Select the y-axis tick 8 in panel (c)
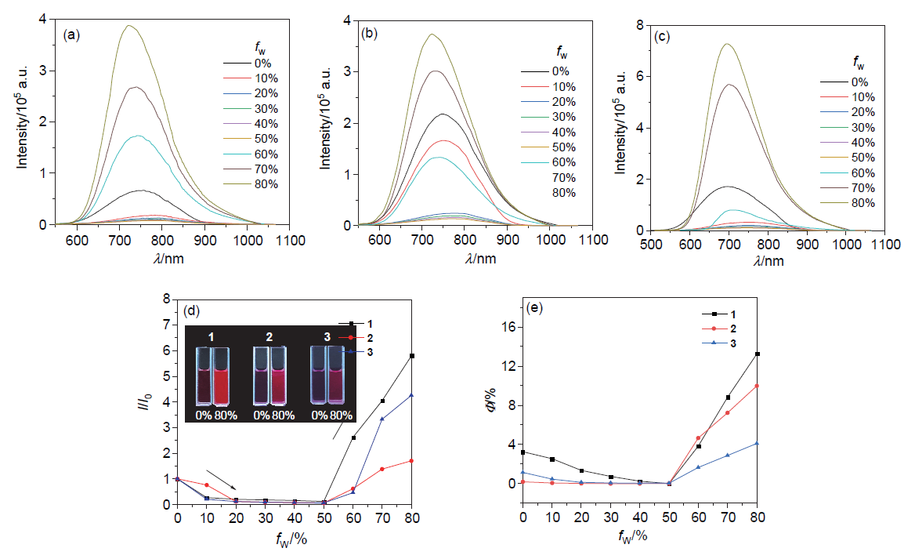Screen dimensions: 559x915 (x=639, y=25)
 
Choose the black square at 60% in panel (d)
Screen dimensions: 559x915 (x=353, y=437)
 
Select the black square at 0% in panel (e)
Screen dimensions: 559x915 (x=523, y=452)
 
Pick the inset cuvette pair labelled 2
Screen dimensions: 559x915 (x=269, y=377)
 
